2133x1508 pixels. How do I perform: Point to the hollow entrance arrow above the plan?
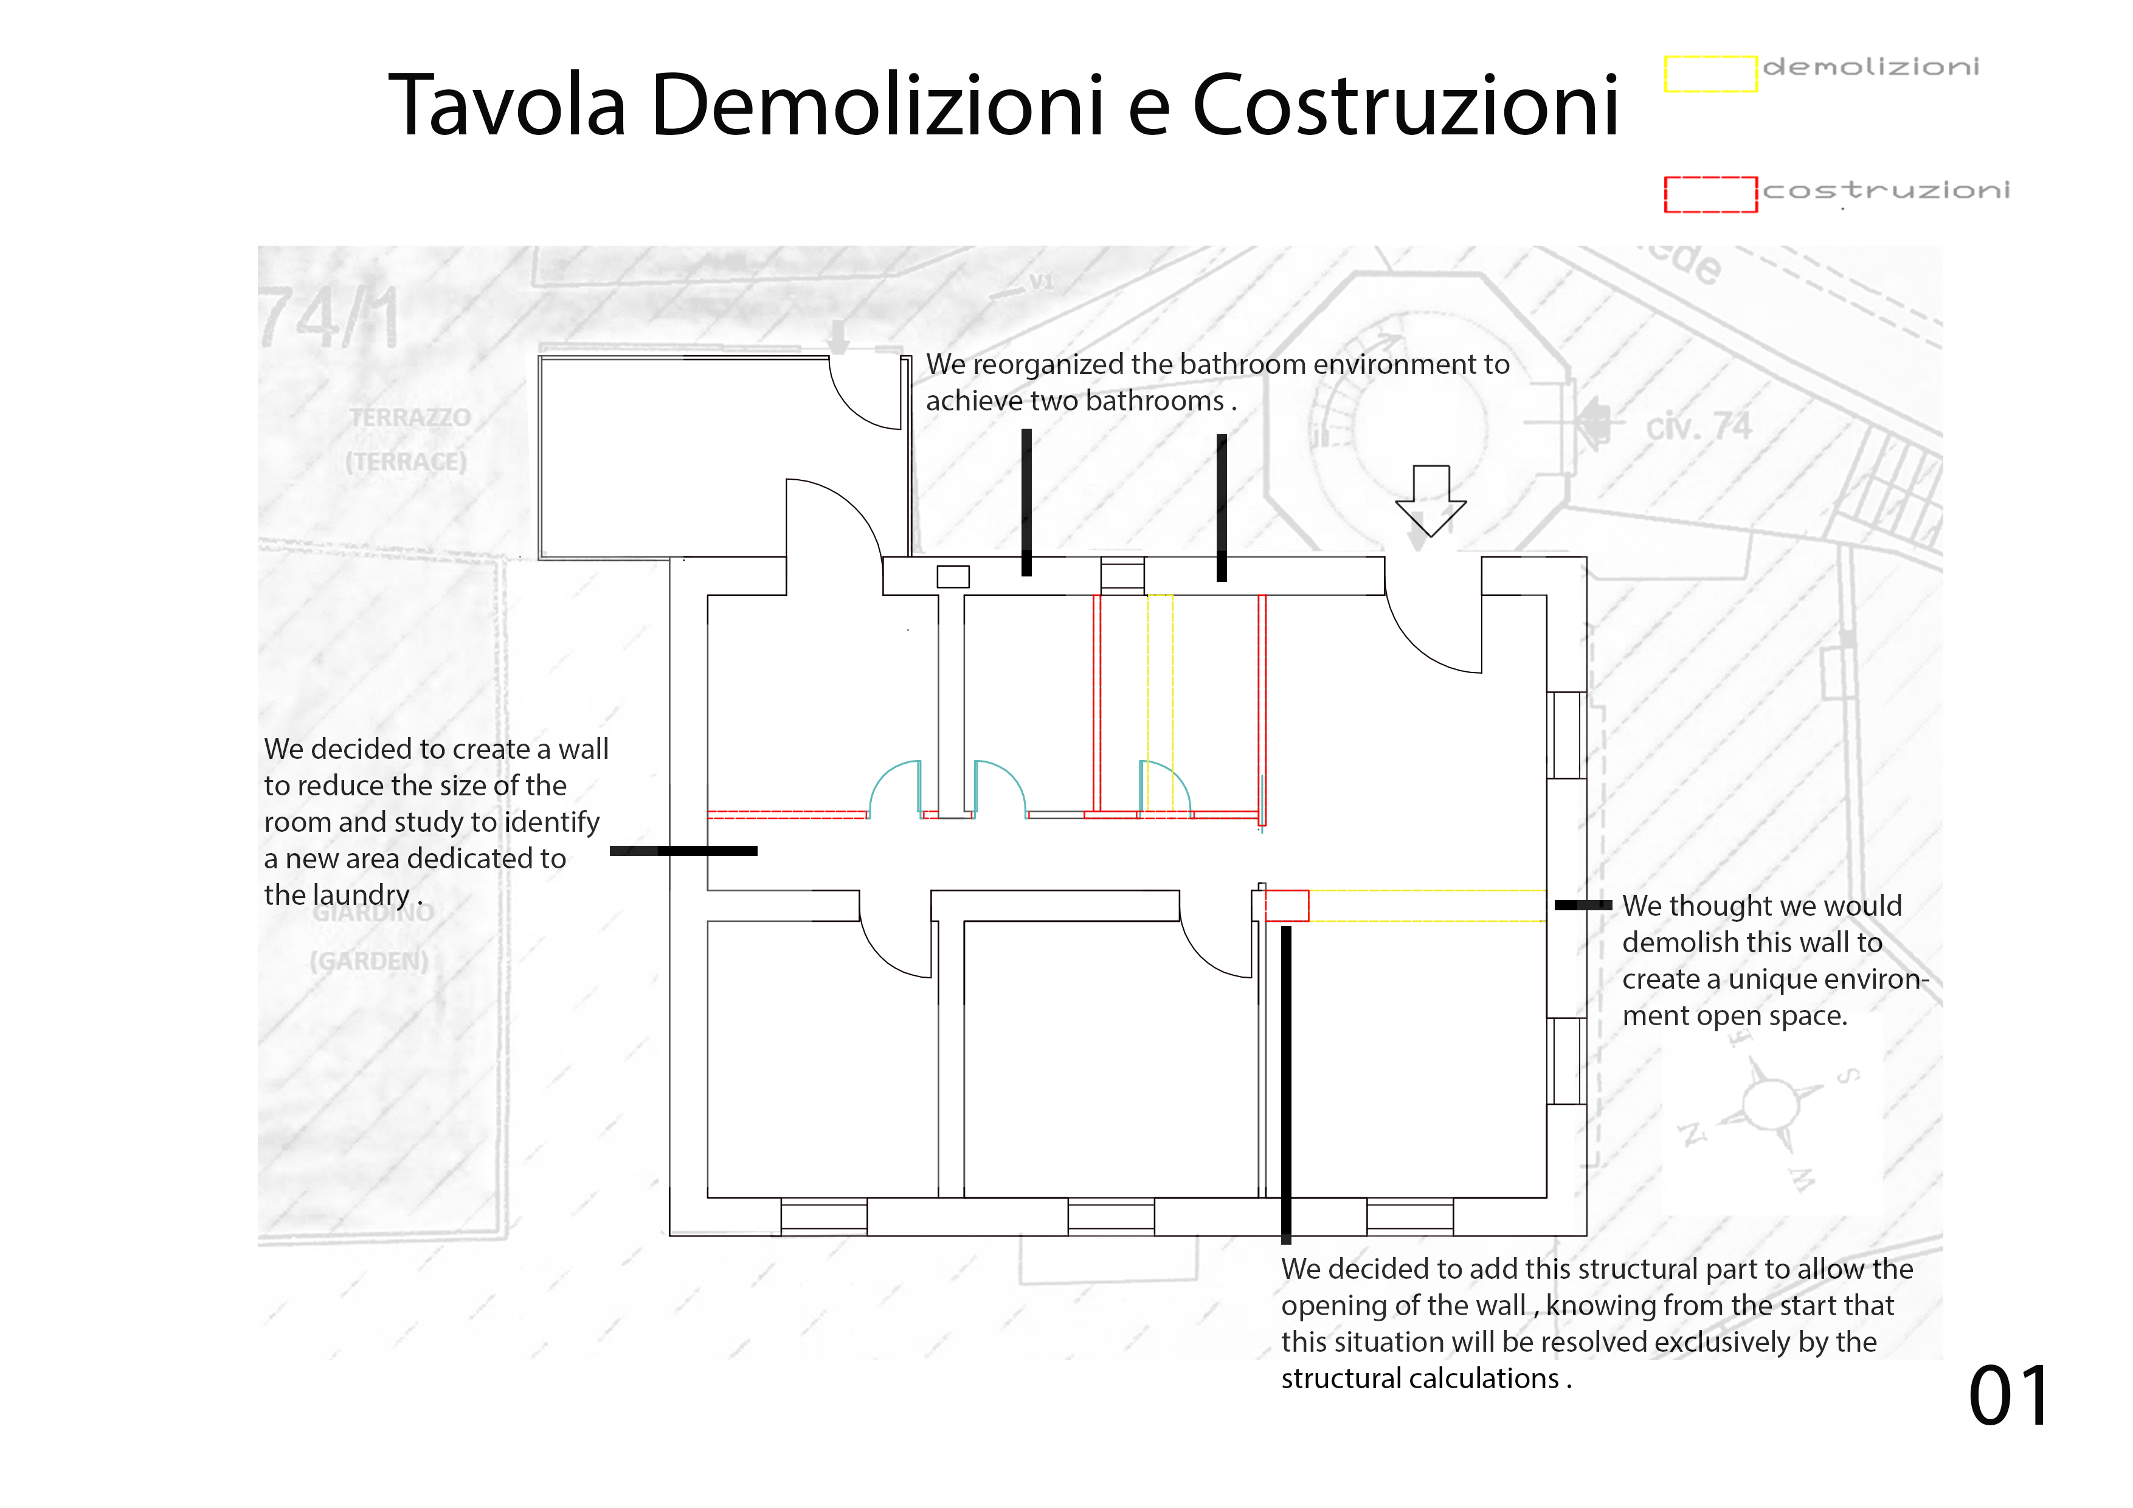pyautogui.click(x=1431, y=500)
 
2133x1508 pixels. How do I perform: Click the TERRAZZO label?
pyautogui.click(x=410, y=418)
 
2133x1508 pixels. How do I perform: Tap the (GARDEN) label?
pyautogui.click(x=369, y=961)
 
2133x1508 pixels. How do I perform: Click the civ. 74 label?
pyautogui.click(x=1698, y=427)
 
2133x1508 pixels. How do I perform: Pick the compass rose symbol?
pyautogui.click(x=1770, y=1104)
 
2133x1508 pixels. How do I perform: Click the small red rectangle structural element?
pyautogui.click(x=1287, y=905)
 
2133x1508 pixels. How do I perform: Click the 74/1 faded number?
pyautogui.click(x=330, y=318)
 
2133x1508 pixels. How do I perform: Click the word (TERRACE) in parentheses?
pyautogui.click(x=406, y=462)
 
